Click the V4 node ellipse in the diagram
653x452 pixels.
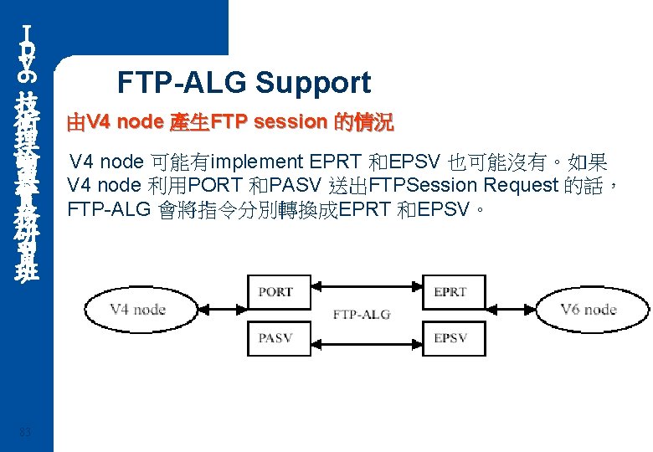137,310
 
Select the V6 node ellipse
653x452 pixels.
589,310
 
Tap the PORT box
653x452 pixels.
275,292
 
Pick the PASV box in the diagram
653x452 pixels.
275,338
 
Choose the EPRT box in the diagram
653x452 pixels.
450,292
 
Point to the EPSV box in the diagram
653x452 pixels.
450,338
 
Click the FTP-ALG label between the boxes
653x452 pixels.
362,315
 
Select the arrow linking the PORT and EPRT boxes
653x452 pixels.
362,292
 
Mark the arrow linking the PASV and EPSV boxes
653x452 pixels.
362,338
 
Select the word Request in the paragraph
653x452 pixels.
507,185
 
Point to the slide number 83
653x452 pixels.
28,432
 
